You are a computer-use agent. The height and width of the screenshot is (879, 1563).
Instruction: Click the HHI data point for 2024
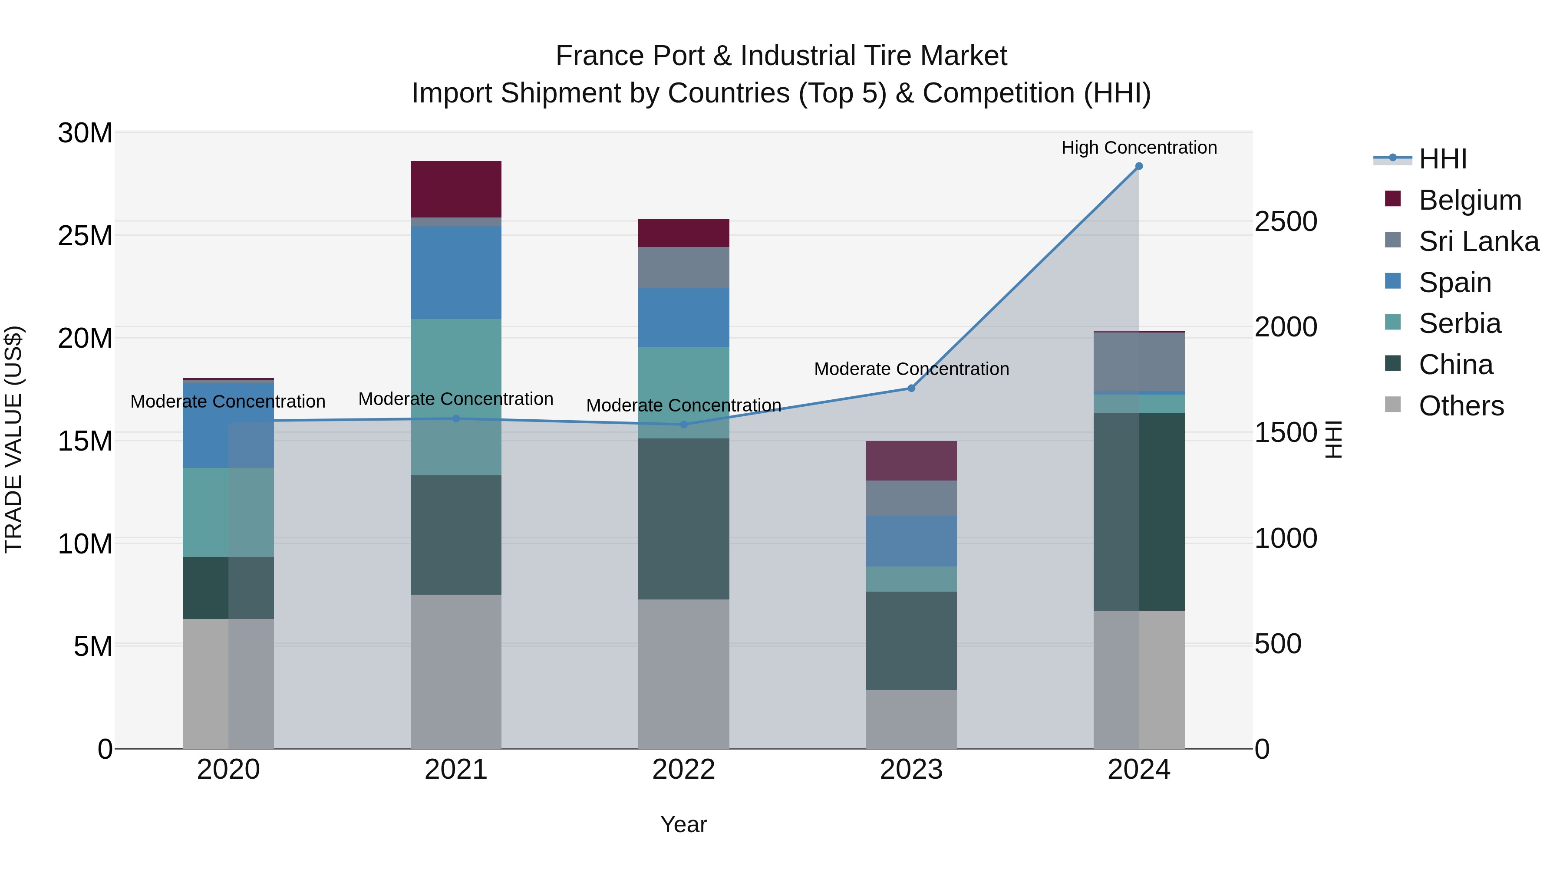[1139, 166]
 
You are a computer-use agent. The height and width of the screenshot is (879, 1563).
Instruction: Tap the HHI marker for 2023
[911, 388]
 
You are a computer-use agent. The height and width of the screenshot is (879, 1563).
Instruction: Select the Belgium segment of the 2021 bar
[456, 189]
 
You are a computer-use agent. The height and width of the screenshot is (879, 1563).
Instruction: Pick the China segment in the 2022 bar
[683, 519]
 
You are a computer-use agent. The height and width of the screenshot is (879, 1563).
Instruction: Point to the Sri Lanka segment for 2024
[1139, 362]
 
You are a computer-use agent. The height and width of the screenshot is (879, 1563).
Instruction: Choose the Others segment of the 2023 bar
[911, 719]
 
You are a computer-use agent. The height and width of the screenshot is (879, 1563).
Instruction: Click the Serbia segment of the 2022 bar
[683, 392]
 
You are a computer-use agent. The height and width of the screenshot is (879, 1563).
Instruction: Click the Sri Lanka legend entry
[1478, 241]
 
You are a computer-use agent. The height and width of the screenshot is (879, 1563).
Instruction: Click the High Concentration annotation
[1139, 148]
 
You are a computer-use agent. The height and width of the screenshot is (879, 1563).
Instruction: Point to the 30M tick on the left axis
[85, 133]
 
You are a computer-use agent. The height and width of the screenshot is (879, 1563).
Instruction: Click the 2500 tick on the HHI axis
[1286, 221]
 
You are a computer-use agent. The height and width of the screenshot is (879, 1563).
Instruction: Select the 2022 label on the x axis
[683, 770]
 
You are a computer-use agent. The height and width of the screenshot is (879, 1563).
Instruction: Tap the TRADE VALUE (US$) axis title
[13, 439]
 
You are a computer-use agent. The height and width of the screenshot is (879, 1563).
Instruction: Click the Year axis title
[683, 824]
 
